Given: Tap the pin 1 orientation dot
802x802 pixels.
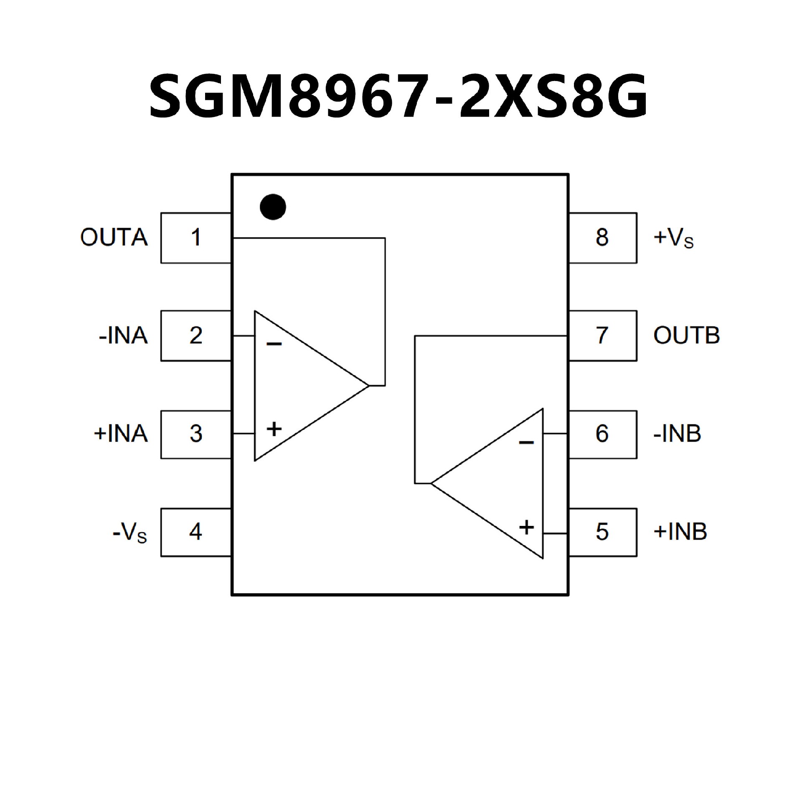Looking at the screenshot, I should (x=273, y=207).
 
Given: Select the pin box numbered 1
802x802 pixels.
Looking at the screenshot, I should (x=196, y=238).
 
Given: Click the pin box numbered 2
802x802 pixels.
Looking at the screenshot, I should (x=196, y=335).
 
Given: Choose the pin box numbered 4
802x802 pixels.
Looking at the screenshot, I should (x=196, y=532).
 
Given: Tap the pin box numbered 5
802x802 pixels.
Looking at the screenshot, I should (x=602, y=532).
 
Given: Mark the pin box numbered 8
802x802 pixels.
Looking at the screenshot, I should (x=602, y=238).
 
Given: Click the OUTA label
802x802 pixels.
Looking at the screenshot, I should (x=114, y=238).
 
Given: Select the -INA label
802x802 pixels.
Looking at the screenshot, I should (x=123, y=336).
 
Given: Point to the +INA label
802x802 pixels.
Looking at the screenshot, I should (x=121, y=434).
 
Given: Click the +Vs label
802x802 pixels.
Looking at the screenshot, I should (x=673, y=239).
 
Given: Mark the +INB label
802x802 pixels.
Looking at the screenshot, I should (x=680, y=532).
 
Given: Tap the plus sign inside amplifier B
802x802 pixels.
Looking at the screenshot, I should (x=526, y=527).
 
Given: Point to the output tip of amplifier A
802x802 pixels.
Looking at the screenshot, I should (x=369, y=386).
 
